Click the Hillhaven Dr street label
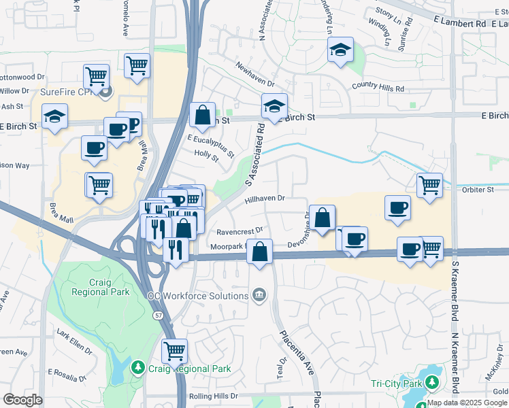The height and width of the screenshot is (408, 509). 264,198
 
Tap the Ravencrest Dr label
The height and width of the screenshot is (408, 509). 241,230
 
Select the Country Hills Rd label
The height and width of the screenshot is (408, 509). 378,88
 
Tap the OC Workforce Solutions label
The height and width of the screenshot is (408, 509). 198,296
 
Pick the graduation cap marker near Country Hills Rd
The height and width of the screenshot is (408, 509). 340,50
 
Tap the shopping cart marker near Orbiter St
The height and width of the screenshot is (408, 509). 429,184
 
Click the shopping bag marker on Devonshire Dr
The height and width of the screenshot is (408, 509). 323,218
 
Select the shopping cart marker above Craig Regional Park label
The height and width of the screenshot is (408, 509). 174,351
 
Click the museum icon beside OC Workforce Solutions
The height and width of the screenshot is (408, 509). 259,295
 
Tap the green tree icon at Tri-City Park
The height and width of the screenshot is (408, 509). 430,384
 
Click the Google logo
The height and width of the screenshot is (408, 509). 22,400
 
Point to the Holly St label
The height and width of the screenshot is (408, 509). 206,158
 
